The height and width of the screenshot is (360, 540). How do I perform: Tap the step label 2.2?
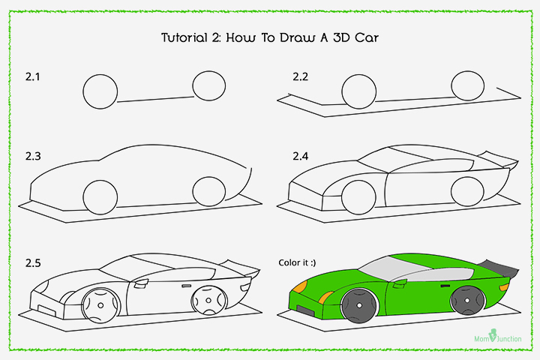[x=301, y=77]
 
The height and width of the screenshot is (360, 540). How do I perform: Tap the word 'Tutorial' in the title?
[x=188, y=37]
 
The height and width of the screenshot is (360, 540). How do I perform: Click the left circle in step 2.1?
[x=100, y=92]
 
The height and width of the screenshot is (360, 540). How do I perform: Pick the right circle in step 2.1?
[x=208, y=86]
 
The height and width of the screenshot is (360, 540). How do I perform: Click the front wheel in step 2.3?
[x=100, y=196]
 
